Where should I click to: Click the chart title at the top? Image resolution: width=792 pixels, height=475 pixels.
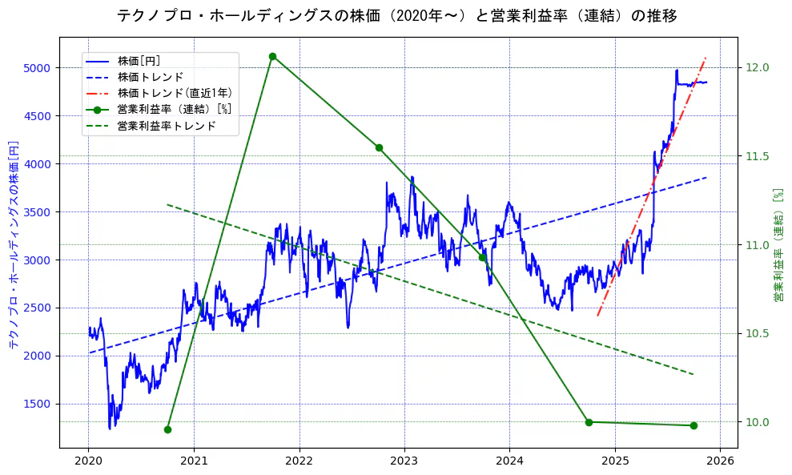point(396,15)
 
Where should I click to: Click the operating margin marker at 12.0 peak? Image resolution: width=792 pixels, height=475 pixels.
point(272,56)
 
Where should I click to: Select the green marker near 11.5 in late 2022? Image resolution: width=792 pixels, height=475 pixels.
point(378,147)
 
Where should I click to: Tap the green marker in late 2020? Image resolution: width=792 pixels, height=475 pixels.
point(167,429)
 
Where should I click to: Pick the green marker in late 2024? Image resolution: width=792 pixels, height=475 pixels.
point(589,422)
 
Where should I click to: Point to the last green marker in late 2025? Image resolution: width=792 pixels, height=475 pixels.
point(694,425)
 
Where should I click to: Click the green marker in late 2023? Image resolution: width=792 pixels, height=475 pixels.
point(483,257)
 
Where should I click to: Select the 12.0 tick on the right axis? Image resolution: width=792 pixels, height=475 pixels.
point(757,67)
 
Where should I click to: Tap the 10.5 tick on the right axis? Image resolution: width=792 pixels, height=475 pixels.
point(757,333)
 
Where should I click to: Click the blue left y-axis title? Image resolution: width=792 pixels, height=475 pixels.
point(14,245)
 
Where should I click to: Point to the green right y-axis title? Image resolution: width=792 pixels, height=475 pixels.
point(778,245)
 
